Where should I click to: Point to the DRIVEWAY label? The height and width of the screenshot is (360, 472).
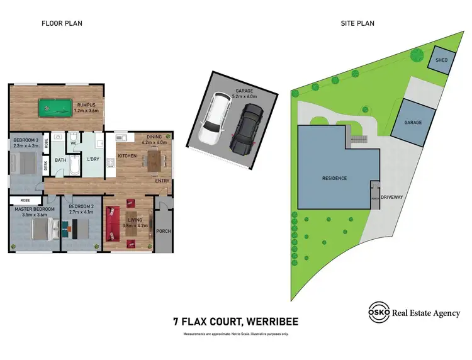(x=391, y=197)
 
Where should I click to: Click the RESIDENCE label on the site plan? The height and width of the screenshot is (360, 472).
(x=334, y=178)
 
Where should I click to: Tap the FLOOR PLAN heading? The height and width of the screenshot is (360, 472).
(x=62, y=23)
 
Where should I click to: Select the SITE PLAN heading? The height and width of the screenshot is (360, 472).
(x=357, y=23)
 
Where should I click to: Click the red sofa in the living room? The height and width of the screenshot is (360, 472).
(x=114, y=224)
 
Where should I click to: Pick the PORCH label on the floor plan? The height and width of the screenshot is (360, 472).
(x=163, y=231)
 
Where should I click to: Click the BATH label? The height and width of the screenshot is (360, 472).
(x=60, y=160)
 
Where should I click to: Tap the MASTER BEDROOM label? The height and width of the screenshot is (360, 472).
(x=35, y=208)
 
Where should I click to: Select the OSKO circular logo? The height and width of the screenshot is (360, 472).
(x=378, y=313)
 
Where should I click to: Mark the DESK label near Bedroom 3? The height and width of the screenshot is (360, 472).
(x=46, y=166)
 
